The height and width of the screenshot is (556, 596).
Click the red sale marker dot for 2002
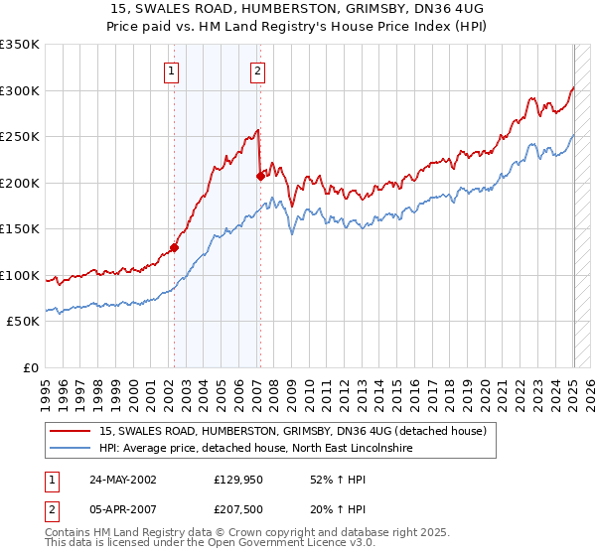point(174,247)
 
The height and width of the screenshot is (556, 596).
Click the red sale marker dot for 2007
point(259,176)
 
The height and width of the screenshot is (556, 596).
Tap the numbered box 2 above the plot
point(257,70)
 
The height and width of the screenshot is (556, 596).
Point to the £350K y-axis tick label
point(19,45)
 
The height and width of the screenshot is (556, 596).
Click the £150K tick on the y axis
point(19,228)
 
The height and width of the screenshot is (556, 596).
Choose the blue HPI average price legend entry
point(259,449)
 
